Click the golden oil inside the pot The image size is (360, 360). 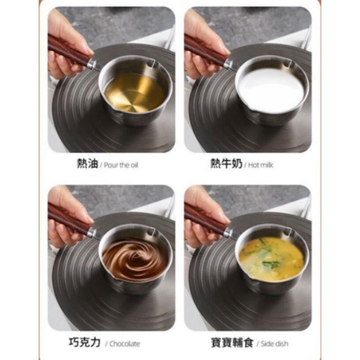tap(134, 92)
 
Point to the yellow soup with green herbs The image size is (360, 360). tap(270, 259)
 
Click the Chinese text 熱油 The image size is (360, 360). tap(87, 164)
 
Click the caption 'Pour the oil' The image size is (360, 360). tap(121, 165)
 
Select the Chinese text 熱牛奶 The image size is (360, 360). tap(226, 164)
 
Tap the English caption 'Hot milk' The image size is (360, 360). tap(261, 165)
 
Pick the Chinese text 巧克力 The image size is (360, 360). tap(85, 343)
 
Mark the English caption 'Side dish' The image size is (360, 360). tap(273, 344)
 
